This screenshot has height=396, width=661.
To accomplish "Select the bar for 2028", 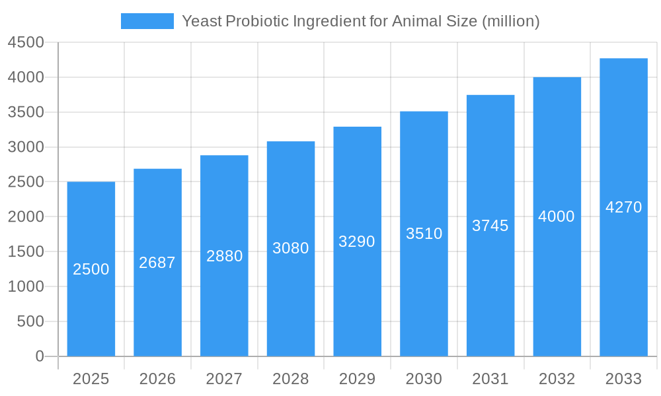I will coord(291,297).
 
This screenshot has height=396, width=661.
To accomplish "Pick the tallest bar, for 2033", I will coord(623,277).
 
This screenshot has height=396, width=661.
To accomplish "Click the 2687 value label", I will coord(157,263).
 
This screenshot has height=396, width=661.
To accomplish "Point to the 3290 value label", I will coord(357,242).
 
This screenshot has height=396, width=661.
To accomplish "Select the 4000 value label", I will coord(557,216).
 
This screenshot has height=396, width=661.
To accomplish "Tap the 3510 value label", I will coord(424,234).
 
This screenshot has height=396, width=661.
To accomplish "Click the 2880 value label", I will coord(224,256).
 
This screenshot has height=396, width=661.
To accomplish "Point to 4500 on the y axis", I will coord(26,43).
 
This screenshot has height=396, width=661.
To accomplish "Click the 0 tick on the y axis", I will coord(39,356).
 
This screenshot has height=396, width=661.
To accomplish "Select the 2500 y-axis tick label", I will coord(26,182).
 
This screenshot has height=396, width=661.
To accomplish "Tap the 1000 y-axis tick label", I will coord(26,286).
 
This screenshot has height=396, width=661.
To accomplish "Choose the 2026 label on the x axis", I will coord(157,379).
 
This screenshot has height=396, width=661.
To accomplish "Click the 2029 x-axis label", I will coord(357,379).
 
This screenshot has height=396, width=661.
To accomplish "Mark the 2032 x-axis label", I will coord(557,379).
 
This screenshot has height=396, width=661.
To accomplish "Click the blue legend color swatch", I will coord(147,21).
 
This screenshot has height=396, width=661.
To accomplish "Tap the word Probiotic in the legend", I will coord(254,21).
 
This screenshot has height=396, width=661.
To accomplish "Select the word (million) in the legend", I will coord(510,21).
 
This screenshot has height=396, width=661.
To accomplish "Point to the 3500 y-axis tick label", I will coord(26,112).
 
